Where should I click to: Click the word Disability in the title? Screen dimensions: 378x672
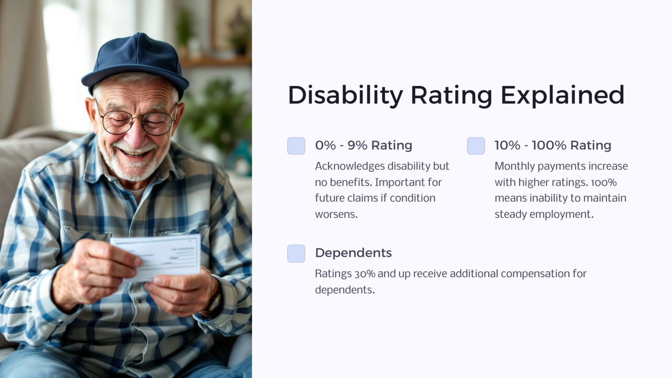[x=345, y=95]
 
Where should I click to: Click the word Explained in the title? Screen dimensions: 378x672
[x=562, y=95]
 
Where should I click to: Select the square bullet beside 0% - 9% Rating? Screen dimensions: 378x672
[x=296, y=146]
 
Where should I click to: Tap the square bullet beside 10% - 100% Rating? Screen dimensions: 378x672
[x=476, y=146]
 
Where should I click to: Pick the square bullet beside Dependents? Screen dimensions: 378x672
[x=296, y=253]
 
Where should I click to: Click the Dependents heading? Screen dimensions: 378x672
[x=353, y=253]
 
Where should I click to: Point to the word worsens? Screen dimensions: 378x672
[x=336, y=214]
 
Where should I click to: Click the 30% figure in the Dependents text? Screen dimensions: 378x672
[x=364, y=274]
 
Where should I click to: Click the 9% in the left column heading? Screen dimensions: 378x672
[x=357, y=145]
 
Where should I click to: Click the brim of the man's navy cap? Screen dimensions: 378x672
[x=131, y=79]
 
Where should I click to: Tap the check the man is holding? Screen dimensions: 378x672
[x=157, y=256]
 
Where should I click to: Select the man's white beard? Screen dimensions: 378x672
[x=131, y=168]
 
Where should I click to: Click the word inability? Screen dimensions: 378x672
[x=549, y=198]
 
